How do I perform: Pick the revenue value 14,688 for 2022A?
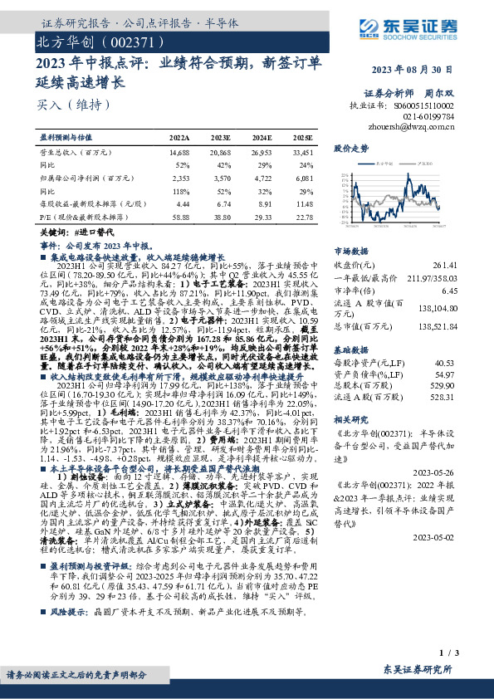[x=179, y=154]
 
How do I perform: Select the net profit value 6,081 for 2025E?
[x=303, y=178]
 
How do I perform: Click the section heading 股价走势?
[x=350, y=149]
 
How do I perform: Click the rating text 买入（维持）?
[x=63, y=105]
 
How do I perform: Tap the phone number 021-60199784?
[x=434, y=117]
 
